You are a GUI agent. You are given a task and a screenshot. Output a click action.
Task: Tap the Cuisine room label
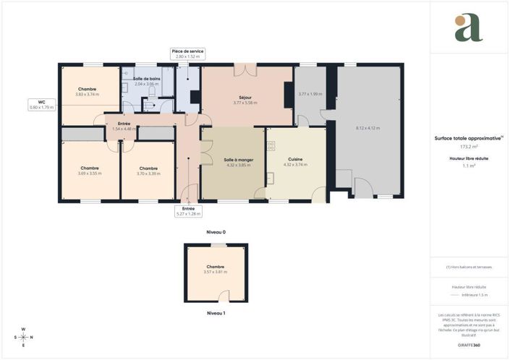[x=294, y=159]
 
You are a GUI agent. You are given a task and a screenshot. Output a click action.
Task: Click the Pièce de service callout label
[x=187, y=51]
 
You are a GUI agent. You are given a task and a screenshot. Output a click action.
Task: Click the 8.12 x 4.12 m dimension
[x=367, y=128]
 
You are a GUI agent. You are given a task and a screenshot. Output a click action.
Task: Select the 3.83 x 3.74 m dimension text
[x=88, y=95]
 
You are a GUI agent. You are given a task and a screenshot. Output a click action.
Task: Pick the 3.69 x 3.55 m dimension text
[x=90, y=173]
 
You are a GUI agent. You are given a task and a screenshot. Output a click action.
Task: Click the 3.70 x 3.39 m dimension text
[x=148, y=173]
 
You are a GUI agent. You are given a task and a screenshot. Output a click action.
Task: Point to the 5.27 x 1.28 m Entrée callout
[x=188, y=211]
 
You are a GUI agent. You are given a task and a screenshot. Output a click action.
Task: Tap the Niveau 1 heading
[x=216, y=313]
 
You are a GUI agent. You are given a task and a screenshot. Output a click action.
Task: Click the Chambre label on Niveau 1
[x=216, y=267]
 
